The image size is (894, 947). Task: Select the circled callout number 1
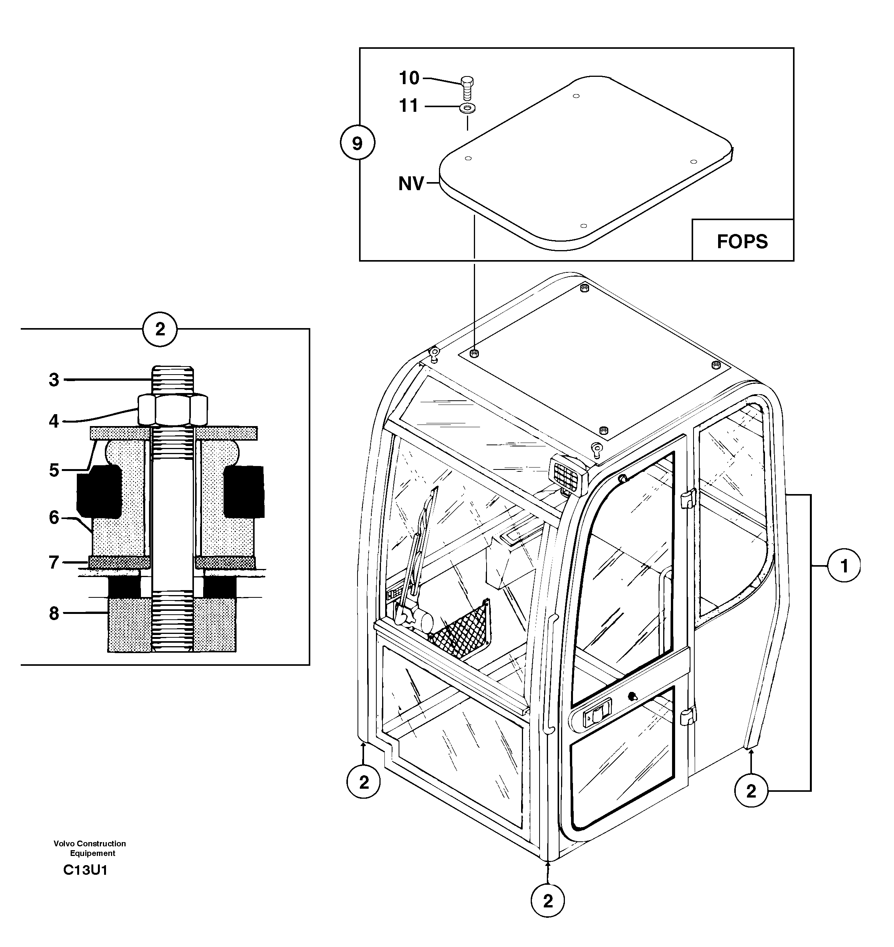point(844,566)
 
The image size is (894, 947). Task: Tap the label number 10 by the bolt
point(409,78)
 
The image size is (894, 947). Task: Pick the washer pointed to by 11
point(467,108)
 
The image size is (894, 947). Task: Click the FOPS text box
point(742,241)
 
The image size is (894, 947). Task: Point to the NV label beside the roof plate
point(411,184)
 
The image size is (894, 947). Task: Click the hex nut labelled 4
point(172,410)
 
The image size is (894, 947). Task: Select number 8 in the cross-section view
point(54,614)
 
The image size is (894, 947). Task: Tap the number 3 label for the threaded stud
point(54,380)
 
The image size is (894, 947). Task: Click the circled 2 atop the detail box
point(160,329)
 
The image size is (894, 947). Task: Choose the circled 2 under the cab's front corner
point(548,901)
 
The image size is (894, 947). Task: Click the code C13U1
point(85,870)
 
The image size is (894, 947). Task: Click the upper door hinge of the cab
point(687,499)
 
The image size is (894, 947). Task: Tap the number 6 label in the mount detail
point(54,518)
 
